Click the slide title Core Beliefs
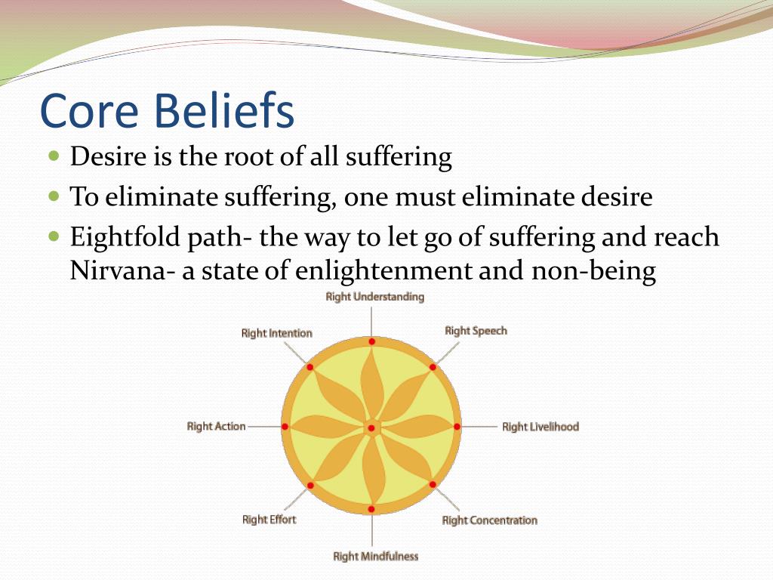pos(167,110)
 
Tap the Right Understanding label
pos(374,297)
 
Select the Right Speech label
pos(476,331)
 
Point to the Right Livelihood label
pos(540,427)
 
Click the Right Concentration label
pos(489,520)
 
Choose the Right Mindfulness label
pos(376,557)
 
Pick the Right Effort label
pos(269,520)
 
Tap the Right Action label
pos(216,427)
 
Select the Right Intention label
pos(276,333)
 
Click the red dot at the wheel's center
pos(371,428)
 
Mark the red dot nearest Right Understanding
pos(371,341)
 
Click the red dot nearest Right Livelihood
pos(457,427)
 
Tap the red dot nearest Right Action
pos(285,427)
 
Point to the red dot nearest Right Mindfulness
pos(371,509)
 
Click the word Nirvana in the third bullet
pos(118,270)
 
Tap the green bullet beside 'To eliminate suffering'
pos(54,196)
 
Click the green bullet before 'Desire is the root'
pos(54,156)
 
